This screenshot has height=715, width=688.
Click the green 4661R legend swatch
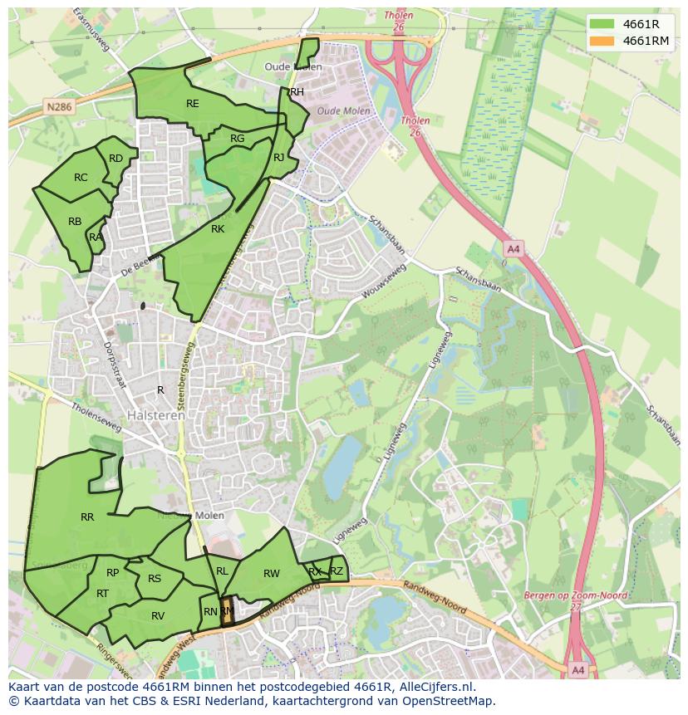(x=602, y=24)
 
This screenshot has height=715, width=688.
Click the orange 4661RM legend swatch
(x=602, y=41)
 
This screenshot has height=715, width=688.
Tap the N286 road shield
(x=58, y=107)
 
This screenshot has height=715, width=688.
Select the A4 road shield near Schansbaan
(x=513, y=248)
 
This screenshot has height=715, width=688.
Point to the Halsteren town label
(x=156, y=415)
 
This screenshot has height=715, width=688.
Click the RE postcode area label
(x=193, y=104)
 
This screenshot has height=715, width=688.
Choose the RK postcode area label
(x=218, y=229)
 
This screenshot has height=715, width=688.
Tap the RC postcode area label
(x=81, y=178)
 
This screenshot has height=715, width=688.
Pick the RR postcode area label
(x=87, y=517)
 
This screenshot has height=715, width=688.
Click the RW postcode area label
(x=272, y=574)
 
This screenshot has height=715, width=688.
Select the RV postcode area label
(x=158, y=615)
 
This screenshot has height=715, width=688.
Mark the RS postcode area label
(x=155, y=579)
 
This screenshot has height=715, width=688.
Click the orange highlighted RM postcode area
(x=227, y=612)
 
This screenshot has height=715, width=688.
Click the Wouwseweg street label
(x=384, y=282)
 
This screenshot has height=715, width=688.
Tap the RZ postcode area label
(x=337, y=571)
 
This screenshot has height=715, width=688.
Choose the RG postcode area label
(x=238, y=139)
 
